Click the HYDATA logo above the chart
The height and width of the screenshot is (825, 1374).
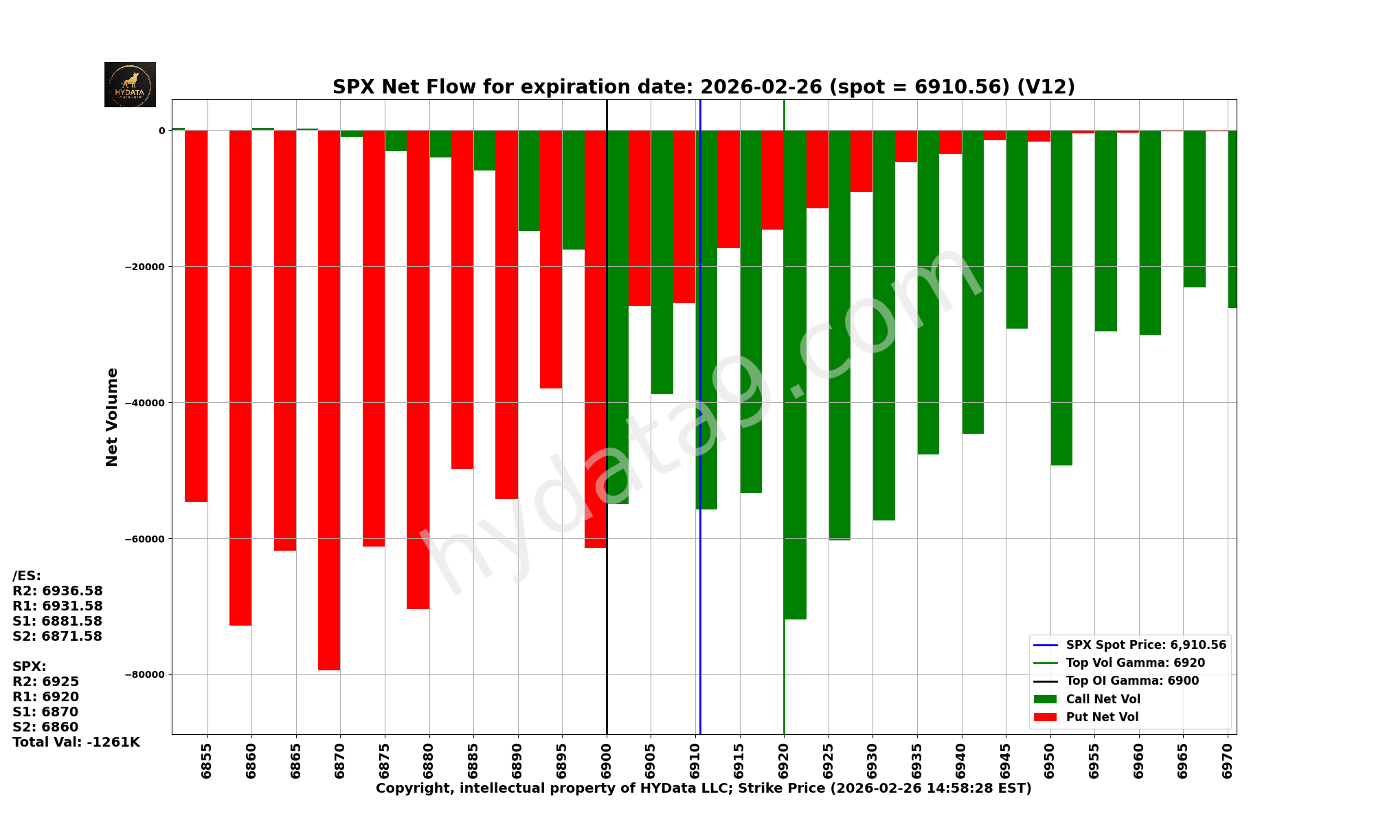coord(130,85)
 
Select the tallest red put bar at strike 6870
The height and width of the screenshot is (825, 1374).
coord(329,399)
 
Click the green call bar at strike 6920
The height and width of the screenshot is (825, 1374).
coord(795,375)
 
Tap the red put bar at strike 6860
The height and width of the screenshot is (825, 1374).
coord(240,378)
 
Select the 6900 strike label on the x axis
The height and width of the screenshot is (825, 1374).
coord(607,760)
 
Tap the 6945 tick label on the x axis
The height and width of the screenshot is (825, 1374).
coord(1006,760)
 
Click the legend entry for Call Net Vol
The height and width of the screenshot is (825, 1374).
coord(1102,699)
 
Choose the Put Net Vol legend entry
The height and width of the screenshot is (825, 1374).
coord(1101,717)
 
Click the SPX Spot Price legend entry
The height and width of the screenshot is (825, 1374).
coord(1145,645)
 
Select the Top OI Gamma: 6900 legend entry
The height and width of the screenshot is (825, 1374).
coord(1131,681)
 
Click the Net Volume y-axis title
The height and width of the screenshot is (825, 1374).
coord(112,417)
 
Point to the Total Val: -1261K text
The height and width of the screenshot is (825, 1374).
coord(76,742)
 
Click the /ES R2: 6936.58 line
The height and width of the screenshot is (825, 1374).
coord(58,591)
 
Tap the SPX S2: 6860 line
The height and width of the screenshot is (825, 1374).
coord(45,727)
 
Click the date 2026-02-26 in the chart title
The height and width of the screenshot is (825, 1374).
coord(761,87)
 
